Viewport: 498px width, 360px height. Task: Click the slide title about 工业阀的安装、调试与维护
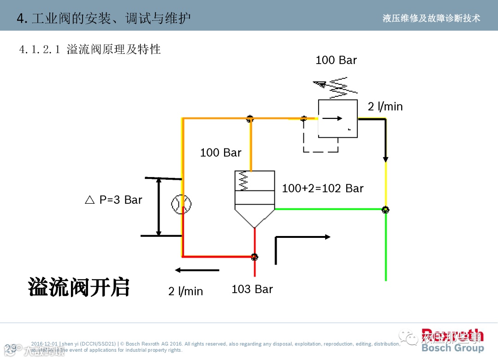tap(104, 18)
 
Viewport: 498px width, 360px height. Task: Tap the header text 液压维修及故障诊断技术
tap(431, 18)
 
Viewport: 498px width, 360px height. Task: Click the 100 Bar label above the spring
tap(336, 60)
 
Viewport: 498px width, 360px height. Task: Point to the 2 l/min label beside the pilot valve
tap(385, 107)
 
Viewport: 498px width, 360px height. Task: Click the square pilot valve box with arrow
tap(338, 118)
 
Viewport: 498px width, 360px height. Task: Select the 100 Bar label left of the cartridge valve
tap(220, 153)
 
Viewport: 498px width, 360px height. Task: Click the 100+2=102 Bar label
tap(322, 188)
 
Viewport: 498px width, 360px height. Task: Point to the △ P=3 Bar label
tap(114, 200)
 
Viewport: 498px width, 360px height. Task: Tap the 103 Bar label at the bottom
tap(252, 289)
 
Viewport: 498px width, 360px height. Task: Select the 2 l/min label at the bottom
tap(185, 291)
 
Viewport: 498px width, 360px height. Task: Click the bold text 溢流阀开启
tap(79, 287)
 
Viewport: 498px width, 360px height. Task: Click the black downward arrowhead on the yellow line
tap(385, 159)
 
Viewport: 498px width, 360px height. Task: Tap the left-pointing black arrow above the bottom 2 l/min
tap(196, 270)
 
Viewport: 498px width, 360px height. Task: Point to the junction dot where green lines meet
tap(385, 210)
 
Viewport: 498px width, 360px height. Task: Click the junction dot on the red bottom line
tap(254, 256)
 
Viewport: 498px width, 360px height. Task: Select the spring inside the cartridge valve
tap(243, 182)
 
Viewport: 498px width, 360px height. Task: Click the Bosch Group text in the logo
tap(452, 348)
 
